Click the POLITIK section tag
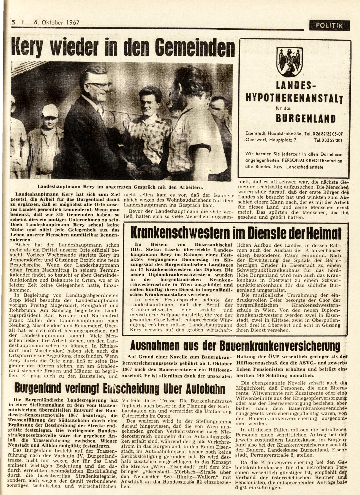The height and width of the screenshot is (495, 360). pyautogui.click(x=329, y=26)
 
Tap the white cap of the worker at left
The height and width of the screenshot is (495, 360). pyautogui.click(x=50, y=110)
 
